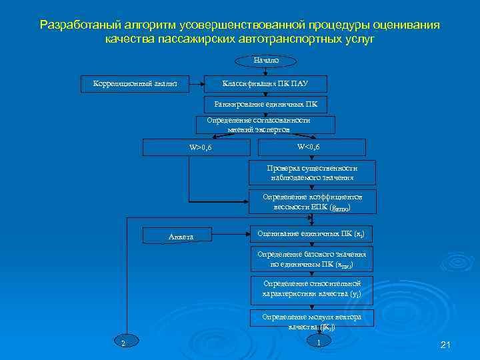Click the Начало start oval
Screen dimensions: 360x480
tap(265, 61)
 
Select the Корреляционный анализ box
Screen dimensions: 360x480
tap(134, 83)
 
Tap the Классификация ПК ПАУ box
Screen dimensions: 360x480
tap(265, 83)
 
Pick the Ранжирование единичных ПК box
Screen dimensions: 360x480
tap(265, 104)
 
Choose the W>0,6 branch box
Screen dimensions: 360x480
tap(200, 147)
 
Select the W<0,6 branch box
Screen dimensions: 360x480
tap(308, 147)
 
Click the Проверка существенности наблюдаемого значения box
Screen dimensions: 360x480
tap(312, 173)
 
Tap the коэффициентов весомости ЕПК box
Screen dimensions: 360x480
tap(312, 202)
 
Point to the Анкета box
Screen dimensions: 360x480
tap(181, 236)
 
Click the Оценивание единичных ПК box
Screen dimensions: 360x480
tap(311, 234)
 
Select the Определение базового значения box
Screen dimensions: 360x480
tap(312, 259)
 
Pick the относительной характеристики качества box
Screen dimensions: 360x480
tap(312, 288)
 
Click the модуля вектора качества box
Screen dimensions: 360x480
tap(312, 321)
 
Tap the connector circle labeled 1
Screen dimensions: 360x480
tap(319, 343)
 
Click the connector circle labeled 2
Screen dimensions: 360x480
tap(123, 343)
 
